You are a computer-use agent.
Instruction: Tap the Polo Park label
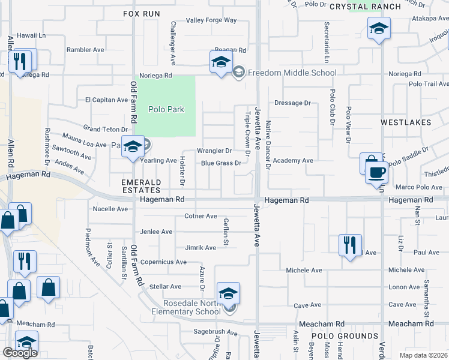pos(166,109)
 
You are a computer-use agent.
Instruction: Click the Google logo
pos(20,353)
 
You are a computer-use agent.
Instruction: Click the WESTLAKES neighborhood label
pos(406,122)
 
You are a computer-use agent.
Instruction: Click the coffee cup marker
pos(376,173)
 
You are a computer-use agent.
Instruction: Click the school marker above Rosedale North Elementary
pos(228,293)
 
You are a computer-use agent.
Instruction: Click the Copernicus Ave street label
pos(163,262)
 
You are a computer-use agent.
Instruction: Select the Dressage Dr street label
pos(292,103)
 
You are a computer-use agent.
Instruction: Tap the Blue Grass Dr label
pos(221,163)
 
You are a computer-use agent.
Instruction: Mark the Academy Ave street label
pos(293,161)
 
